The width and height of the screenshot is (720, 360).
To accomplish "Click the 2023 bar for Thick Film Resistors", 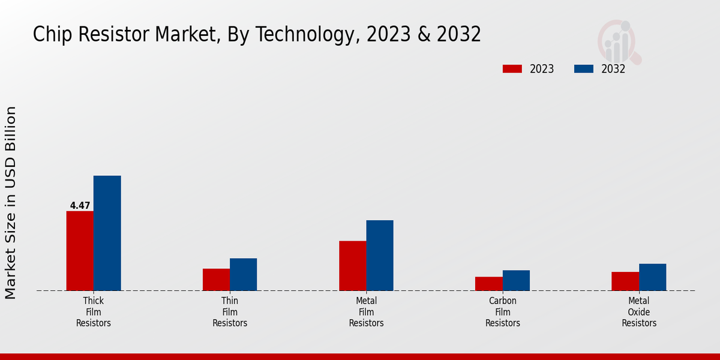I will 80,251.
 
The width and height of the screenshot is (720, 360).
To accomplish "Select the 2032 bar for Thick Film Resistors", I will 107,233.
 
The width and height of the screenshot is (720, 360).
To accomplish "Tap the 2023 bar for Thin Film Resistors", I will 216,280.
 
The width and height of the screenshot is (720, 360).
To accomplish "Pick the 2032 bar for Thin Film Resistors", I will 243,274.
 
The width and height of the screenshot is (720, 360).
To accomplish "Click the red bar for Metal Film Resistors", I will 353,266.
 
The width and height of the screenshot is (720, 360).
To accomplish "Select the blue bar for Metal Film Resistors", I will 380,255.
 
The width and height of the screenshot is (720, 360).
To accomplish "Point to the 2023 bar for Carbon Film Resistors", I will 489,284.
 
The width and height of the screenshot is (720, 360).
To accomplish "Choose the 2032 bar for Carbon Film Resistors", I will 516,280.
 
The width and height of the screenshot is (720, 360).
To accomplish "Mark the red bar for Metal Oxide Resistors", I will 625,281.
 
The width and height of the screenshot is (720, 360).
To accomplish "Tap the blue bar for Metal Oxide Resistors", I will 652,277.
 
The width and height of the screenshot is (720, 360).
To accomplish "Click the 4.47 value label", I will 80,206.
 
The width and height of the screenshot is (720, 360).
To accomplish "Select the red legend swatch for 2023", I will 512,69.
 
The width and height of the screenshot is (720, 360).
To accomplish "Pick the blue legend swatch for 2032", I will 584,69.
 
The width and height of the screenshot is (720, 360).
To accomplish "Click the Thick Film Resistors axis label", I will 94,312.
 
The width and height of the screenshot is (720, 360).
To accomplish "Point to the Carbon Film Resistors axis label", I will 503,312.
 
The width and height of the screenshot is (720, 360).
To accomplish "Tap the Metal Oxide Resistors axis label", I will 639,312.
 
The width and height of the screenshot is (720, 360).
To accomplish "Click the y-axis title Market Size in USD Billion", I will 11,203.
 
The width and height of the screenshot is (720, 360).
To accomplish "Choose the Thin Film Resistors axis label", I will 230,312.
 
